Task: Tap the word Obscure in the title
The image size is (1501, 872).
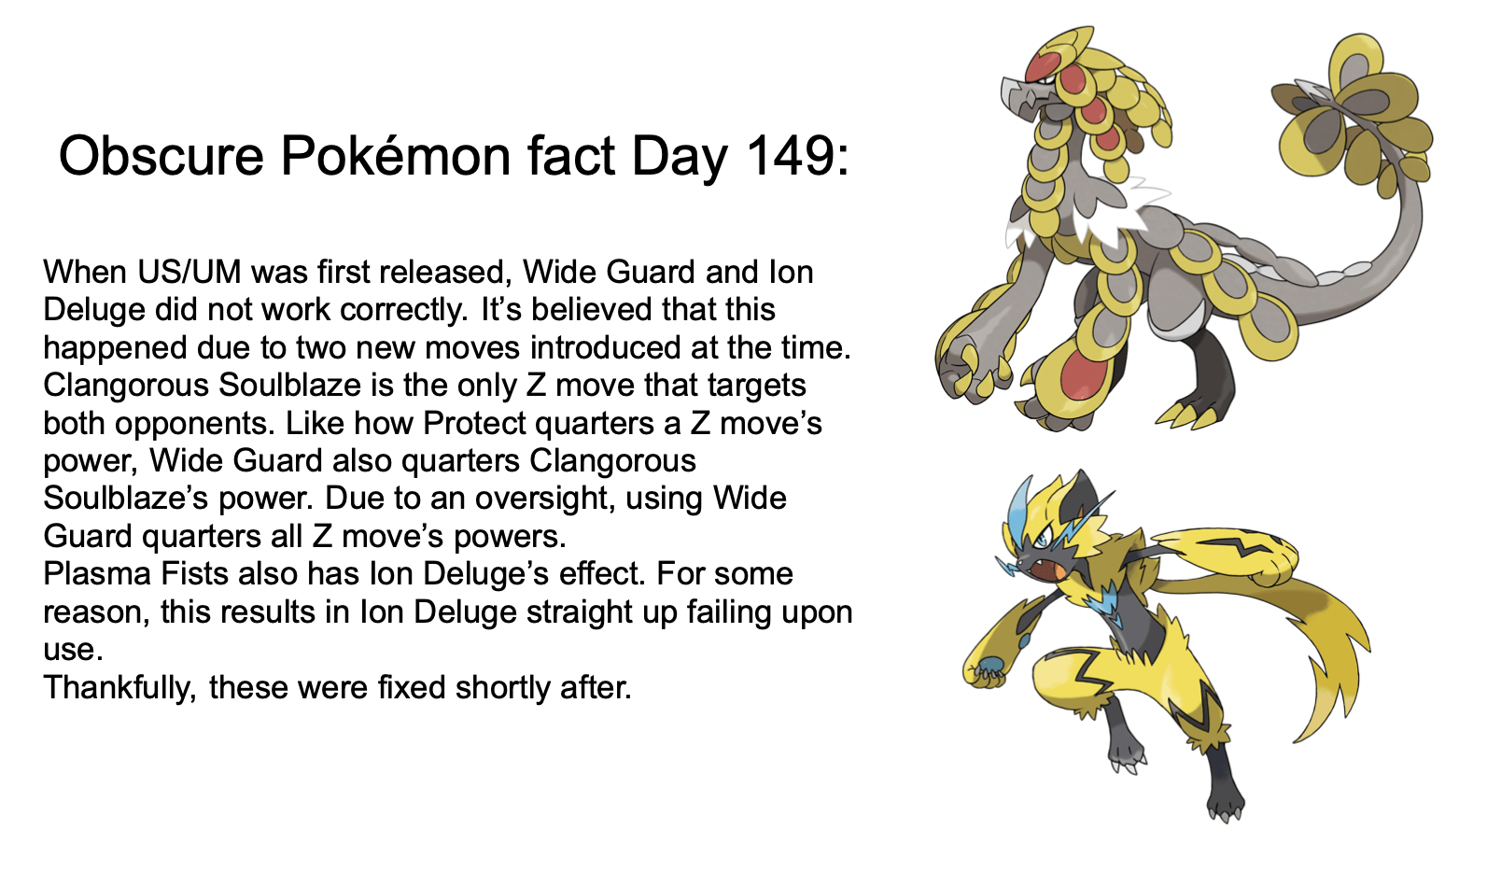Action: point(161,156)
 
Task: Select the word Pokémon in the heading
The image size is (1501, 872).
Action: point(396,156)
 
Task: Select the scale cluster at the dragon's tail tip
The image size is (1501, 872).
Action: point(1354,117)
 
